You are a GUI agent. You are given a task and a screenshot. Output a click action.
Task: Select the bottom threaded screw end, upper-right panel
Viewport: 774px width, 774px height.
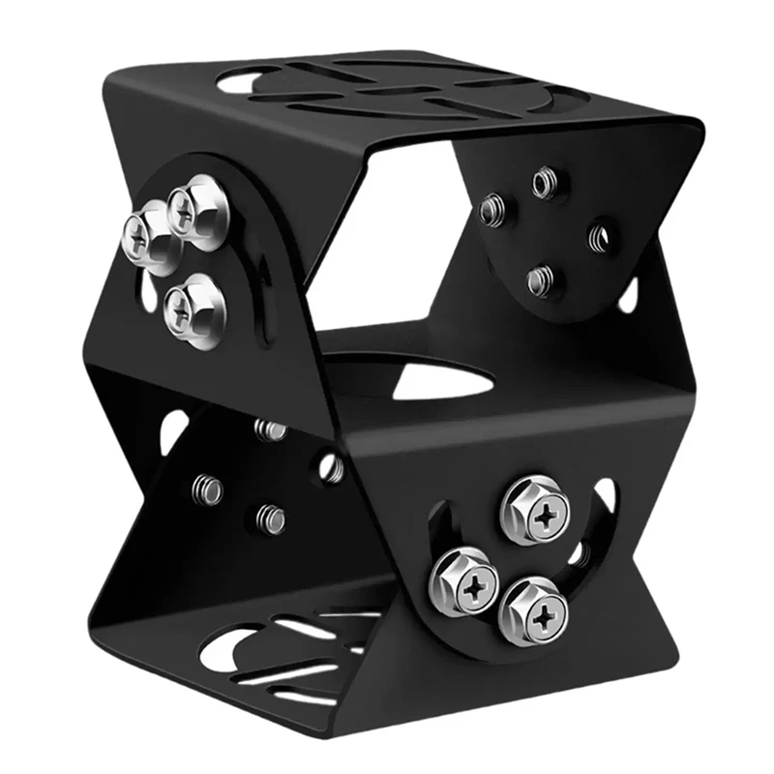pyautogui.click(x=540, y=280)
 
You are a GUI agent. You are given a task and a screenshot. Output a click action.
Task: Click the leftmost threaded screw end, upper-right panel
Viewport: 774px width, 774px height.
pyautogui.click(x=492, y=207)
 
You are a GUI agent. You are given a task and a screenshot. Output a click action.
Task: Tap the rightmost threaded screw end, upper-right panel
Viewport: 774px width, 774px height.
pyautogui.click(x=599, y=235)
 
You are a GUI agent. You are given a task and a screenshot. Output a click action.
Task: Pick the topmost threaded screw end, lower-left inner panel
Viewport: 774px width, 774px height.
pyautogui.click(x=270, y=430)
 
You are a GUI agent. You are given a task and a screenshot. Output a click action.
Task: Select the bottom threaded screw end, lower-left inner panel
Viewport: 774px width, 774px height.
pyautogui.click(x=270, y=521)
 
